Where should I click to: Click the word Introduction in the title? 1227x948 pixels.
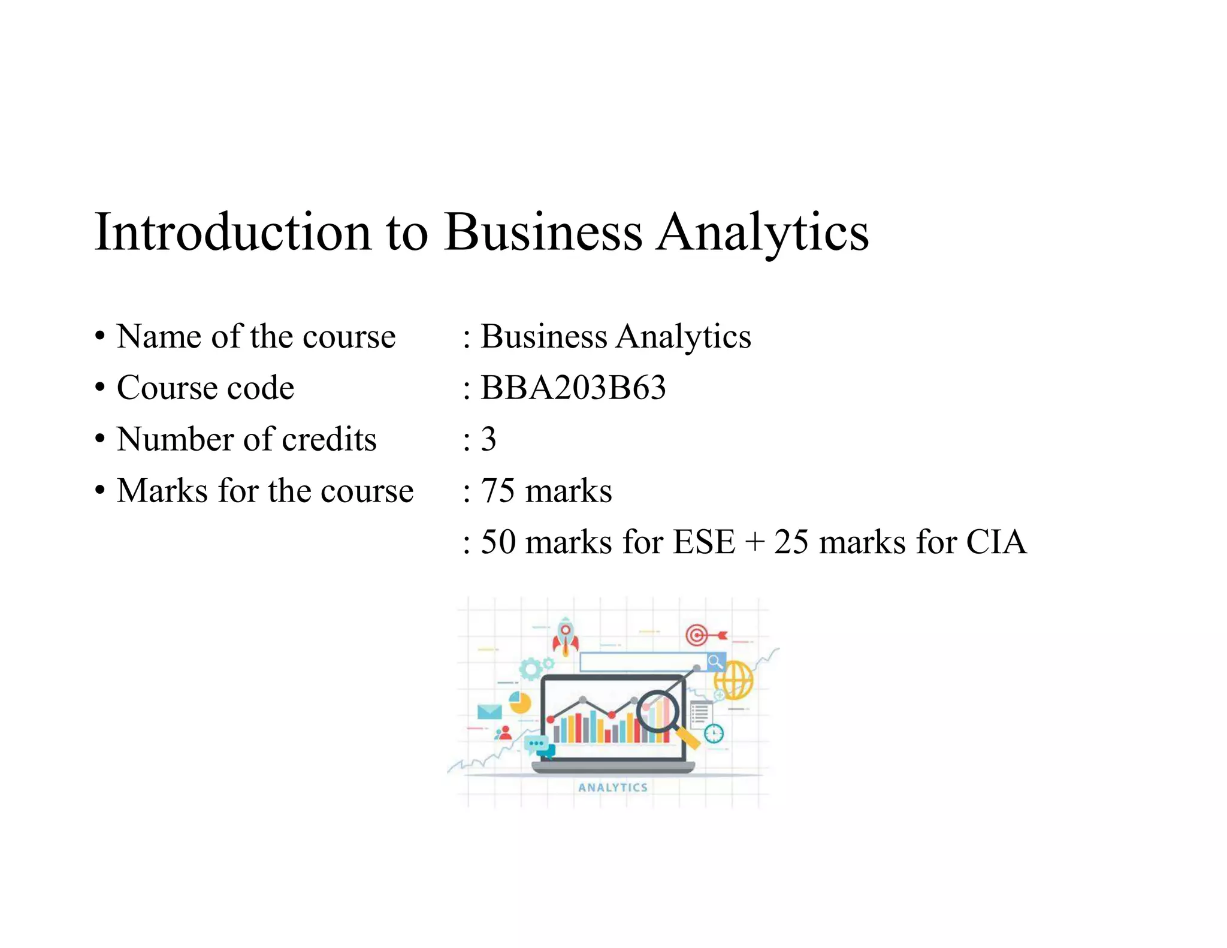click(x=232, y=233)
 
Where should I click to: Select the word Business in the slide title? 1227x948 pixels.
click(x=542, y=233)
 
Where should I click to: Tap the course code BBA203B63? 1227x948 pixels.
click(x=573, y=388)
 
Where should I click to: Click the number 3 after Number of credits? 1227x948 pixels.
click(x=488, y=439)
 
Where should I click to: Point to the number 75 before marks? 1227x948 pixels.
click(x=497, y=491)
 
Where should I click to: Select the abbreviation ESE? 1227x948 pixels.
click(x=703, y=542)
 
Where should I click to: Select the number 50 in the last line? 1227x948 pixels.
click(x=498, y=542)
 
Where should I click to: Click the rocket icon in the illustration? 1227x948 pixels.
click(x=565, y=636)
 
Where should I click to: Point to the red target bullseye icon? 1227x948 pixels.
click(x=697, y=635)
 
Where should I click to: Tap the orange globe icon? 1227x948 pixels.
click(x=735, y=680)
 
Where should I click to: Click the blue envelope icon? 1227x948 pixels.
click(x=489, y=712)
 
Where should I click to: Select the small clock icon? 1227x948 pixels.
click(x=714, y=733)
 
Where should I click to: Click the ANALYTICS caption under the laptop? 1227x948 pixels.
click(x=612, y=787)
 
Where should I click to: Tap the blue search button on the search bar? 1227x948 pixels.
click(x=715, y=662)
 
